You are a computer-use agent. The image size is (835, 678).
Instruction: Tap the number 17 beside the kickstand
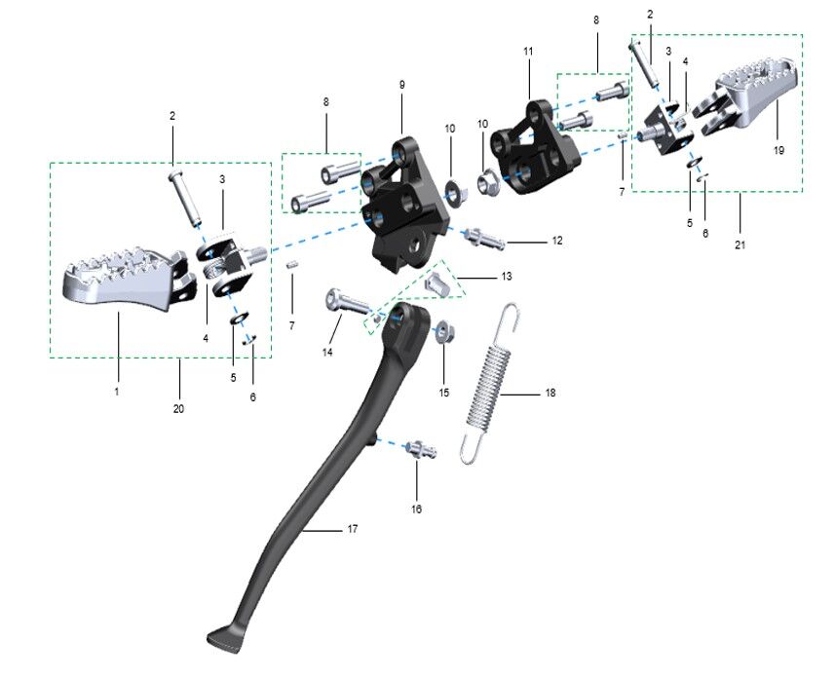[x=353, y=529]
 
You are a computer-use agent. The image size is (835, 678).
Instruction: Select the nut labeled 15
[x=444, y=333]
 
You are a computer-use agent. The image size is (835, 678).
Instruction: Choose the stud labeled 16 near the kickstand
[x=422, y=449]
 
